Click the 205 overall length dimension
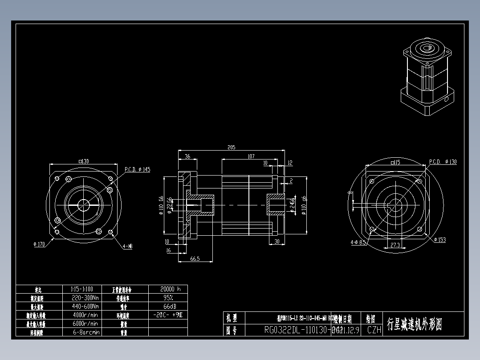(x=231, y=147)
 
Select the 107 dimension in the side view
(x=251, y=156)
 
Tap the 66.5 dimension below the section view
(x=195, y=258)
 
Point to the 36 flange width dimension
(x=187, y=156)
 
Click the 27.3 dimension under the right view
(x=395, y=245)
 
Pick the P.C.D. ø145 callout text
(x=137, y=169)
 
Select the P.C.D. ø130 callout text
(x=443, y=162)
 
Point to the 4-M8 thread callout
(x=127, y=245)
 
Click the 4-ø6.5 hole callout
(x=358, y=242)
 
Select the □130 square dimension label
(x=83, y=161)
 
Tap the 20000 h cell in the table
(x=167, y=289)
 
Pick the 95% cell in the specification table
(x=167, y=298)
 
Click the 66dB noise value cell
(x=167, y=307)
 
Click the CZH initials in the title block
(x=374, y=330)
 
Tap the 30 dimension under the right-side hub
(x=277, y=241)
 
